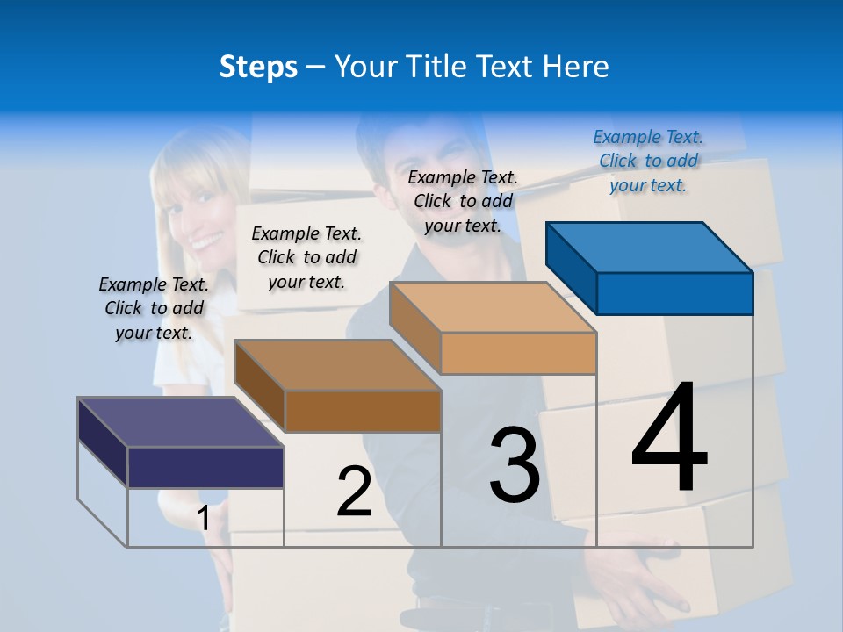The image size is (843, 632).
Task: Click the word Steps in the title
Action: coord(258,67)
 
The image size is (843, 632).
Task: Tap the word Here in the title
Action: coord(576,67)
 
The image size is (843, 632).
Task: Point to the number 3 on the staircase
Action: coord(515,465)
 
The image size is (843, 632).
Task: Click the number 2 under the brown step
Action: coord(355,492)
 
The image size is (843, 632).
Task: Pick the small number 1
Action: coord(204,519)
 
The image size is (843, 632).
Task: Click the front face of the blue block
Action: coord(674,293)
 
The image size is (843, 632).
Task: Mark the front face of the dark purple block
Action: coord(205,467)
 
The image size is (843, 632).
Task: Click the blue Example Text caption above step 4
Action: coord(648,161)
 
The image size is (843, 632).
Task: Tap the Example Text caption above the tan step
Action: coord(463,201)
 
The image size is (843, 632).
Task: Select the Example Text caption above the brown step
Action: coord(306,257)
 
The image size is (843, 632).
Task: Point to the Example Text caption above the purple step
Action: coord(154,308)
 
